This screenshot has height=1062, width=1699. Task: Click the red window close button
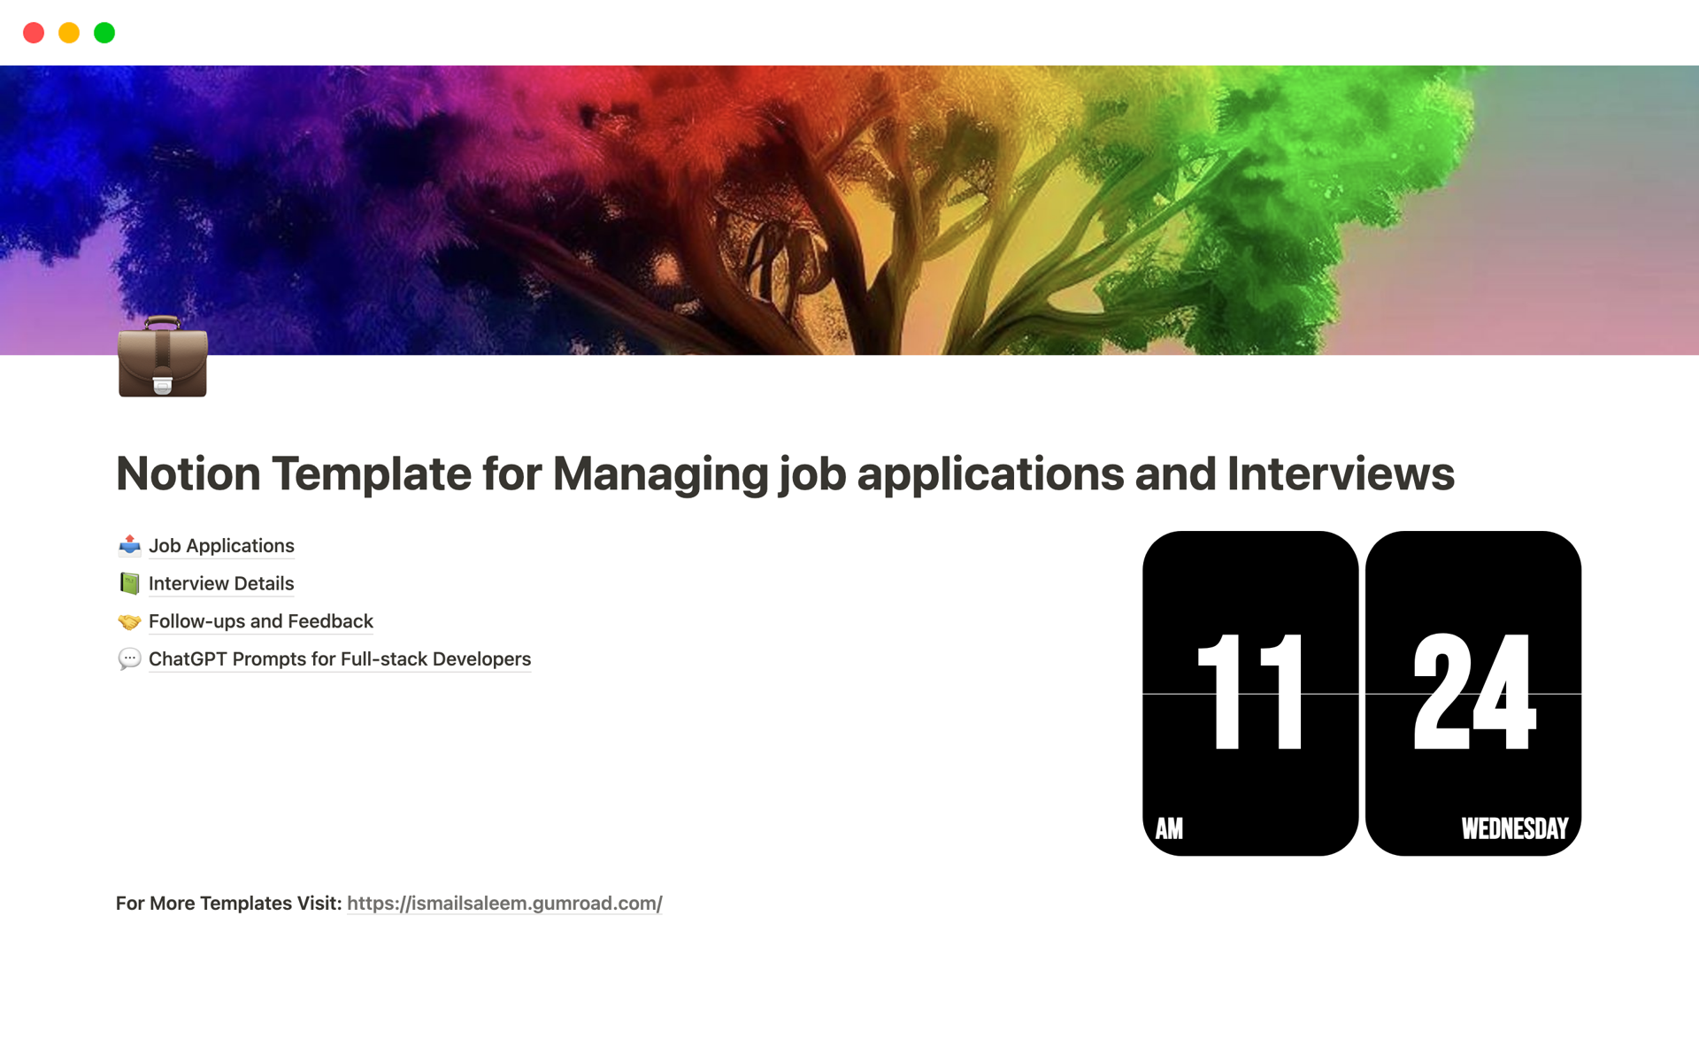[34, 33]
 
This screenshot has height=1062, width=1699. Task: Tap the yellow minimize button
[69, 33]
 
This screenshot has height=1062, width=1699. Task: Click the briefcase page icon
[163, 357]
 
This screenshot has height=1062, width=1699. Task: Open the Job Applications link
[221, 546]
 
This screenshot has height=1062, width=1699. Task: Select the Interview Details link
[221, 584]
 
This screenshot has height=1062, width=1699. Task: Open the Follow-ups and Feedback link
[261, 621]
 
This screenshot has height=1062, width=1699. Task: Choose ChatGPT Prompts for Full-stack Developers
[340, 659]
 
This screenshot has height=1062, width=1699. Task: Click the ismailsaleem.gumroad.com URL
[504, 904]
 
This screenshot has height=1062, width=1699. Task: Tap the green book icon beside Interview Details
[130, 584]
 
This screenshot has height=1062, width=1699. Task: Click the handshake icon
[130, 622]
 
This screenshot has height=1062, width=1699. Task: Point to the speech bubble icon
[130, 659]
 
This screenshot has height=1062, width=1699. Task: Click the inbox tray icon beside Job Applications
[130, 546]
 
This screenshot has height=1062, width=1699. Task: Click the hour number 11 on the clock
[1250, 692]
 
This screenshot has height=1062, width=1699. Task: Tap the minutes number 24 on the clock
[1474, 692]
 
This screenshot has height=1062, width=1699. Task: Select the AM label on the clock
[1169, 828]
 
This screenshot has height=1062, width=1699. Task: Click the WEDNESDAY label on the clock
[1515, 828]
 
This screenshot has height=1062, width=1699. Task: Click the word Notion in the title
[188, 473]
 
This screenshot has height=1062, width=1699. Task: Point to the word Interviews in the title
[1341, 473]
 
